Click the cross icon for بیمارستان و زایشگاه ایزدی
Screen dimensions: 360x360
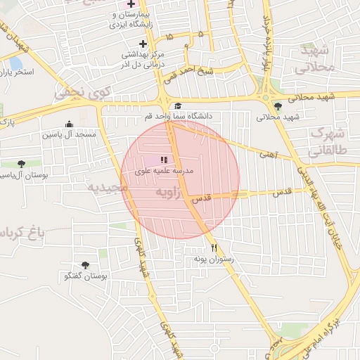130,4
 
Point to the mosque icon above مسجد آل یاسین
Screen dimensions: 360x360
69,124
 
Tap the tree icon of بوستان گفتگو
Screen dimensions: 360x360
85,266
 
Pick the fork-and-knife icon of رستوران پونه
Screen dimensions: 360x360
214,248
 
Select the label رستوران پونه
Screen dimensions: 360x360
213,259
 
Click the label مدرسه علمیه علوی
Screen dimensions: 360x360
164,170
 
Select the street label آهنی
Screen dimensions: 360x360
269,153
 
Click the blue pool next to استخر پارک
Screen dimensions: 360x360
15,64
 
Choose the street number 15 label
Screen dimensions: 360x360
168,35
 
